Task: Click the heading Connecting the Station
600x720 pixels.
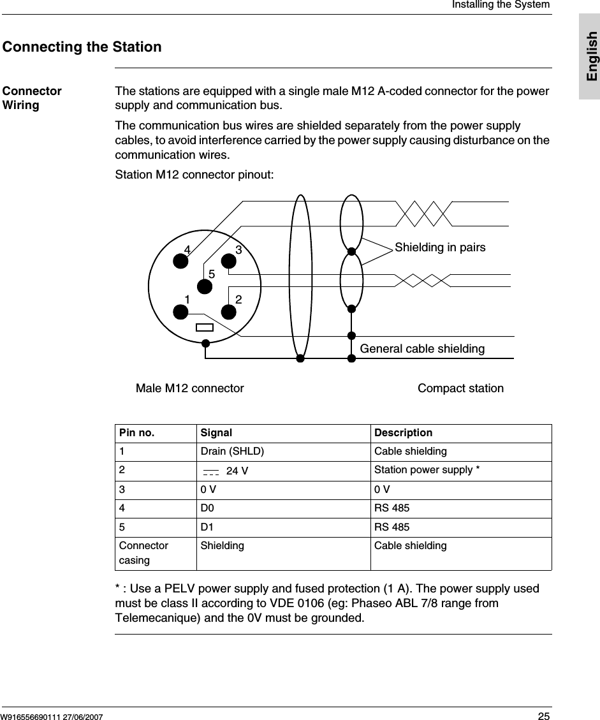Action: pos(82,47)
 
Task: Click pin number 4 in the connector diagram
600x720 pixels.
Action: pos(187,249)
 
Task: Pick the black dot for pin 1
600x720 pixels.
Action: pos(180,312)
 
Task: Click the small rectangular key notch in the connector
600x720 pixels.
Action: pos(205,328)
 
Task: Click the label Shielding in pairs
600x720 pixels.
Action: pos(440,247)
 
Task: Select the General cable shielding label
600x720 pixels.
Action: pos(422,349)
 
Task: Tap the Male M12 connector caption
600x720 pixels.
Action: pos(190,388)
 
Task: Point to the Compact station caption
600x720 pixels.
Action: pos(460,388)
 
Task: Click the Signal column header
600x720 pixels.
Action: pos(216,433)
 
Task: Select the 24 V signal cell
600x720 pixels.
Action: pos(237,471)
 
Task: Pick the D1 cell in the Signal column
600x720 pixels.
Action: pos(207,527)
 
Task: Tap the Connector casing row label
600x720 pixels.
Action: pos(144,553)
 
